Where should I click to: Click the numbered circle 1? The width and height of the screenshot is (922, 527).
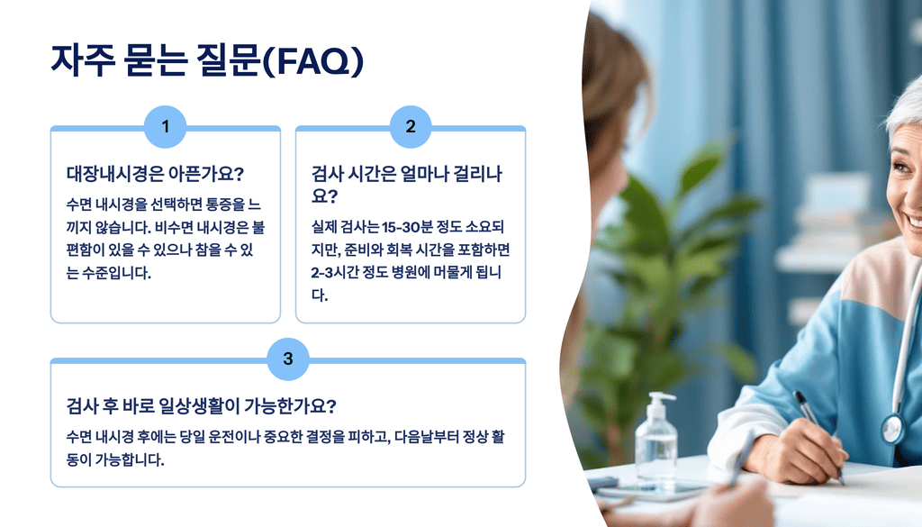[x=165, y=127]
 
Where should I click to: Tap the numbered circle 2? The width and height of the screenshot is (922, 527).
[x=411, y=127]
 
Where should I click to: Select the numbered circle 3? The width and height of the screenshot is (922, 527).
[x=288, y=359]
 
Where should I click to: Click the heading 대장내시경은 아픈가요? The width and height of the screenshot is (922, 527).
[x=156, y=173]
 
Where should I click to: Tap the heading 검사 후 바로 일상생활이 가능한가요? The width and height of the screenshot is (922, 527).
[x=201, y=405]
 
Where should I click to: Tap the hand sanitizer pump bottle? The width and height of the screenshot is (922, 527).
[x=655, y=441]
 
